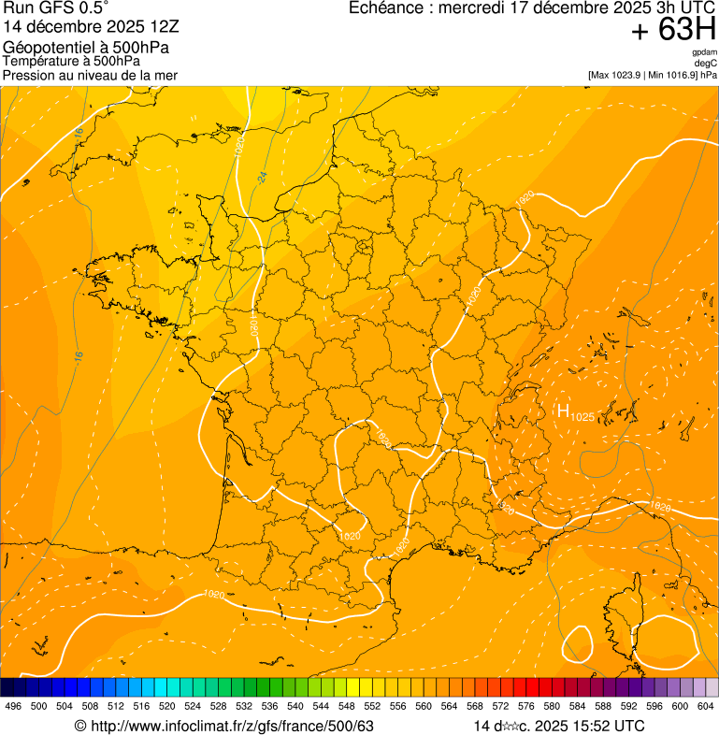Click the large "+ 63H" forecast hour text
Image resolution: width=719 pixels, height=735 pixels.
pyautogui.click(x=673, y=31)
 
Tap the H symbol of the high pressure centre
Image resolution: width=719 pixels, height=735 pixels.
pyautogui.click(x=563, y=411)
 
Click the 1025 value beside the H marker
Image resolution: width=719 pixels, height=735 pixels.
pyautogui.click(x=582, y=416)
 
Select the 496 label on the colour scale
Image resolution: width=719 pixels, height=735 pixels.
pyautogui.click(x=13, y=707)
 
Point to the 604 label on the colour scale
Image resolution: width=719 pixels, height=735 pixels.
pyautogui.click(x=706, y=707)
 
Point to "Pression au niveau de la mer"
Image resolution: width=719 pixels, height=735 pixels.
pyautogui.click(x=90, y=75)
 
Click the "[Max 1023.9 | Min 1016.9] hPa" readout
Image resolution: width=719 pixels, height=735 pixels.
pyautogui.click(x=653, y=75)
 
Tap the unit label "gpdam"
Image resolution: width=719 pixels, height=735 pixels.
pyautogui.click(x=704, y=52)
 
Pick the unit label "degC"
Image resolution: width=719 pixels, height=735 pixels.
pyautogui.click(x=706, y=64)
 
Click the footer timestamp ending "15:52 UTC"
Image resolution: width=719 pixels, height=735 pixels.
pyautogui.click(x=559, y=726)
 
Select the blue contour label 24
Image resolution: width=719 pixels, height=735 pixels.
pyautogui.click(x=263, y=176)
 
